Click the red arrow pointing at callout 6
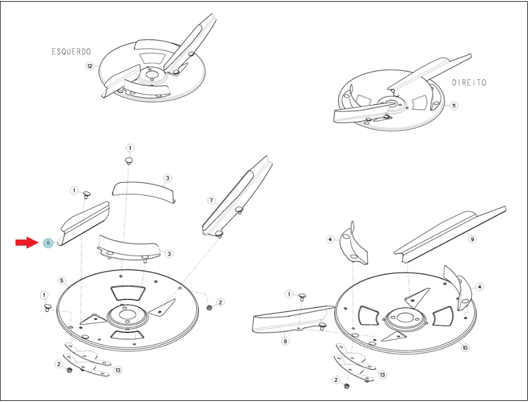tap(27, 242)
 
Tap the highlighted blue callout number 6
tap(48, 243)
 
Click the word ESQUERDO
tap(72, 52)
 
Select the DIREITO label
tap(469, 83)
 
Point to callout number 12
tap(90, 67)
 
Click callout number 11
tap(453, 106)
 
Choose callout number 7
tap(212, 201)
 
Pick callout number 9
tap(472, 239)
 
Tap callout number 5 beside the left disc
tap(62, 280)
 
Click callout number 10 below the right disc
tap(465, 348)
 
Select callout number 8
tap(286, 341)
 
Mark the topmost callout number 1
tap(130, 147)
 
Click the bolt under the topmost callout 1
tap(129, 161)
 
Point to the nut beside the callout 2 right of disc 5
tap(209, 307)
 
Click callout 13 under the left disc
tap(118, 370)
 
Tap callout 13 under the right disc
tap(383, 375)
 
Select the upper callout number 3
tap(167, 178)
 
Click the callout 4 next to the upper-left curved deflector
tap(330, 240)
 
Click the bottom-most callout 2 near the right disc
tap(335, 380)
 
